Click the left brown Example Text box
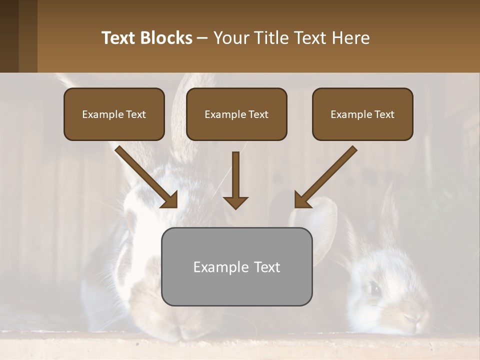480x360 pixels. [114, 114]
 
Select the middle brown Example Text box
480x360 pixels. [236, 114]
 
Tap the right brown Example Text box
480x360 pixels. [362, 114]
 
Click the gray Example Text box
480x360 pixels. [236, 266]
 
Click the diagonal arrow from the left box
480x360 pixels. [146, 177]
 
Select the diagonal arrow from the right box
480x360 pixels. [325, 177]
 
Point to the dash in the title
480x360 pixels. [202, 37]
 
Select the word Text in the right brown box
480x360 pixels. [384, 114]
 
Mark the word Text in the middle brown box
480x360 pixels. [258, 114]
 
